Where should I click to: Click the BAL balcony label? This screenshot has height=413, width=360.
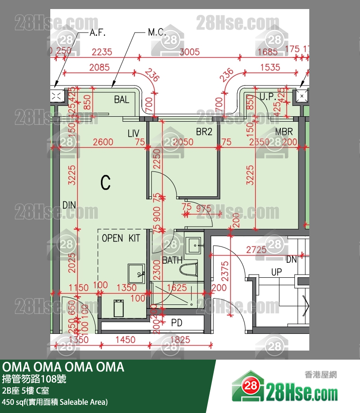coord(122,100)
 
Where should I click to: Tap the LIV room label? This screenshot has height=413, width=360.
coord(133,133)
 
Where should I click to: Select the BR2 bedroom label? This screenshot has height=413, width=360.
coord(204,132)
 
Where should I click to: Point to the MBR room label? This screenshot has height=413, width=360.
coord(284,132)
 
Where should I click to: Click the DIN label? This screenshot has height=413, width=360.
coord(69,205)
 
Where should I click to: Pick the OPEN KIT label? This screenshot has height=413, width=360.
coord(121,238)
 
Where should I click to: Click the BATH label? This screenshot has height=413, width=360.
coord(172,261)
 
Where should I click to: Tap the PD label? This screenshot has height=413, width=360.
coord(177,323)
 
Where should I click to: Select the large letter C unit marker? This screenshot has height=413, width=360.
coord(105,183)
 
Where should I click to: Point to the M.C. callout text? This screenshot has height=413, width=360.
coord(157,33)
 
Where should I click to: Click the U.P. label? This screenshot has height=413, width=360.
coord(268,97)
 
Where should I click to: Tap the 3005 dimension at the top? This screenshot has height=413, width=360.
coord(189,52)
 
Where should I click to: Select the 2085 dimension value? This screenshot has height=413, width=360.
coord(99,68)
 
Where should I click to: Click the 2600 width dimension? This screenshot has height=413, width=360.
coord(103,142)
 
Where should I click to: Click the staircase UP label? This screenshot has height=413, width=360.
coord(277,272)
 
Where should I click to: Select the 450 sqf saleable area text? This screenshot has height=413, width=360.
coord(55,402)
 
